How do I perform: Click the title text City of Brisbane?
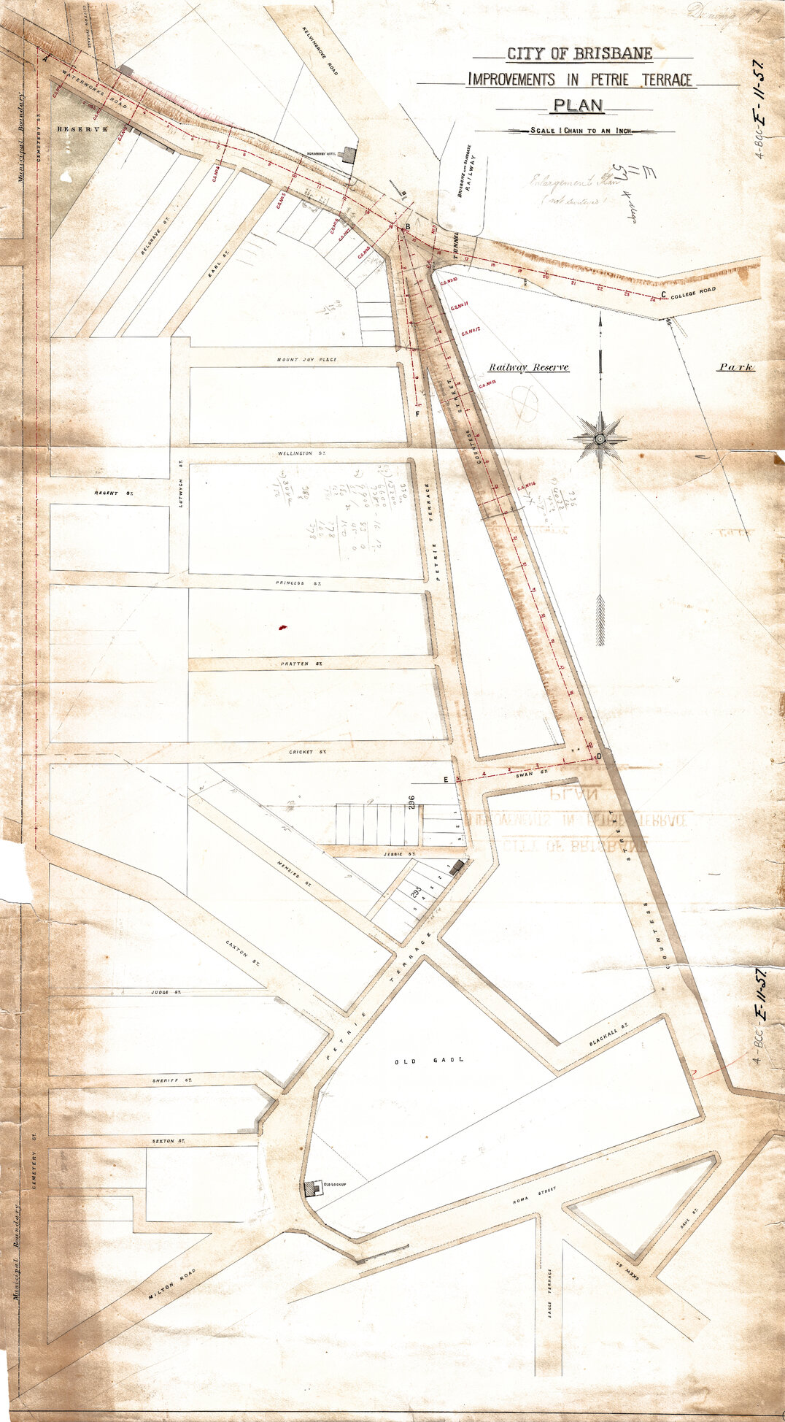(x=579, y=54)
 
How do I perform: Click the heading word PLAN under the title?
(x=578, y=105)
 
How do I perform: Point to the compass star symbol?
(x=600, y=439)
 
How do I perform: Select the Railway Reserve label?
(x=529, y=367)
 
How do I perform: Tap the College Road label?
(x=694, y=291)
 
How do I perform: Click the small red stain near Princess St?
(x=282, y=627)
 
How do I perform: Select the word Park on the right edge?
(x=735, y=367)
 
